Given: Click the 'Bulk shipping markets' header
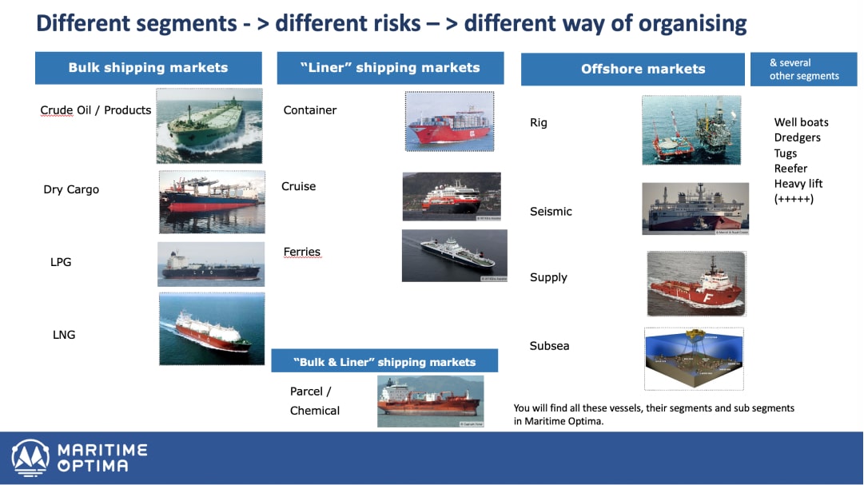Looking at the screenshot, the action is [x=148, y=68].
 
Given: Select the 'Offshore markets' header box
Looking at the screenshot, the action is [x=632, y=69].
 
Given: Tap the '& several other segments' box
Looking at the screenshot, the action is [x=804, y=69].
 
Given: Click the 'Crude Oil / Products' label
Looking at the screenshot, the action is [x=95, y=110].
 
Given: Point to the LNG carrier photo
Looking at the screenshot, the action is [x=212, y=328].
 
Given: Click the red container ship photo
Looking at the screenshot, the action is [x=450, y=121].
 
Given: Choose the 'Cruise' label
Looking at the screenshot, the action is [x=299, y=186].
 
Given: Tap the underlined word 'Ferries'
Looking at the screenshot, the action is [x=302, y=252].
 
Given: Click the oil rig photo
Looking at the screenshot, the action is [x=691, y=130].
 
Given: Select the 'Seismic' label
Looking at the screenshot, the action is [x=551, y=211].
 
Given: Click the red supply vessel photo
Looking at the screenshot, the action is [x=696, y=284].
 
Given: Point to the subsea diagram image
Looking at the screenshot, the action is [x=694, y=359].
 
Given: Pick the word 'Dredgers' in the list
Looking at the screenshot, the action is [x=798, y=137].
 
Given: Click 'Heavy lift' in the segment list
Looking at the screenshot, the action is [x=798, y=184].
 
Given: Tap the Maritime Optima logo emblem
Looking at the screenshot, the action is [x=30, y=458].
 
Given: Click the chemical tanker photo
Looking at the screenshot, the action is [x=430, y=401].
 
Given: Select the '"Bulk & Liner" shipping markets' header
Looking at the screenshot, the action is [x=384, y=361].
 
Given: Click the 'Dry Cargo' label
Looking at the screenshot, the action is [x=71, y=189].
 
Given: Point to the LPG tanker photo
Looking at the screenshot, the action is [x=211, y=264].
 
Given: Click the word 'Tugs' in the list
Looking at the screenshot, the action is [x=785, y=153].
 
